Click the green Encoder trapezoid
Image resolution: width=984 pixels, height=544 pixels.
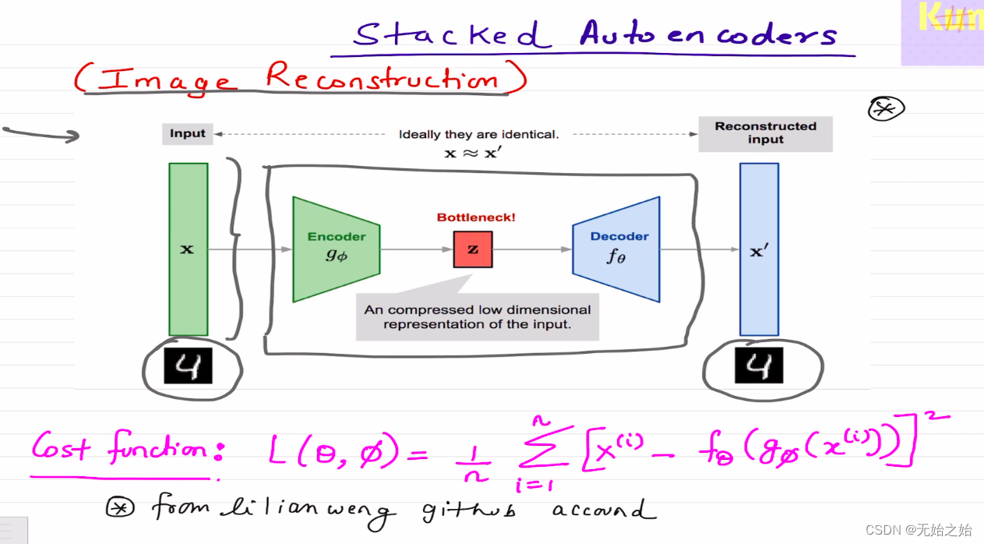pos(336,249)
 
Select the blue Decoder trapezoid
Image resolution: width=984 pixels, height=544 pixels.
pos(616,249)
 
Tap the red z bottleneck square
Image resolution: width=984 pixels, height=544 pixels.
pos(473,249)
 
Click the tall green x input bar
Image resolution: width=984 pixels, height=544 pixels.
pos(188,249)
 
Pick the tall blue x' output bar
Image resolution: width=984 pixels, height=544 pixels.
pos(758,249)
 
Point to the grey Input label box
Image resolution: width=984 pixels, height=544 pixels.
pos(188,133)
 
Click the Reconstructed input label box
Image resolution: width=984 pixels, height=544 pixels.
pos(765,133)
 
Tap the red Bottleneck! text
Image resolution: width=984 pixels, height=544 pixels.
pos(475,217)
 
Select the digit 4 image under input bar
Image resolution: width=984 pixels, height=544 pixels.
pos(188,366)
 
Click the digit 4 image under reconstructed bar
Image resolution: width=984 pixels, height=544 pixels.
pos(758,366)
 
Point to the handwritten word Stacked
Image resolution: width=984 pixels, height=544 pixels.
pos(448,35)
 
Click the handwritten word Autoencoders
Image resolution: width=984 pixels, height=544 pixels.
pos(707,35)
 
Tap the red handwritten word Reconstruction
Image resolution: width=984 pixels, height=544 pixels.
pos(382,78)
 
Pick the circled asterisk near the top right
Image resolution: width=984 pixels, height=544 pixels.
pos(886,109)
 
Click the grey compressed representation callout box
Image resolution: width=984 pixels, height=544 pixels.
pos(477,316)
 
